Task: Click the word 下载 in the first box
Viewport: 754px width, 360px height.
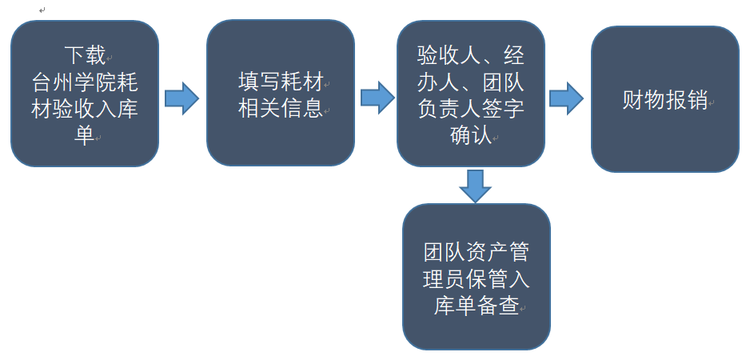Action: click(x=85, y=55)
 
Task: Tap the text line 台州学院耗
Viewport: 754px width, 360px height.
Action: click(x=85, y=82)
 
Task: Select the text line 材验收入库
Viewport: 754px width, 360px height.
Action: click(x=85, y=109)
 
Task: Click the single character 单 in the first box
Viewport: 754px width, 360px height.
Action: click(x=84, y=135)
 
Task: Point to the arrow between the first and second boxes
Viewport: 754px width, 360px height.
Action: click(x=182, y=98)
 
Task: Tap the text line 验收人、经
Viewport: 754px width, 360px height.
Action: click(x=471, y=56)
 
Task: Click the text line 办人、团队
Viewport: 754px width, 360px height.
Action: click(x=471, y=82)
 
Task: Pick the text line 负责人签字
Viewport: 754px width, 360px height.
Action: click(x=471, y=109)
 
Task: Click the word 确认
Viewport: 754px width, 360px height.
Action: click(x=470, y=135)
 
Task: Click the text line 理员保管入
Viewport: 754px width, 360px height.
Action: click(x=477, y=280)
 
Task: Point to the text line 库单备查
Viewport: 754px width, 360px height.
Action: click(x=477, y=306)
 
